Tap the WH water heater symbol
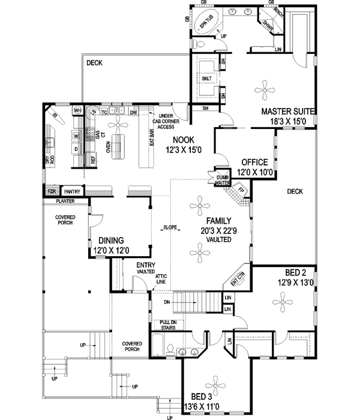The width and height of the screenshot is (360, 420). tap(77, 111)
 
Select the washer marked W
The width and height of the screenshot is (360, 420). tap(76, 136)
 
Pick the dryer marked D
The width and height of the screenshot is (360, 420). tap(76, 149)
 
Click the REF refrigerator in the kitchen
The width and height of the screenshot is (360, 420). tap(93, 160)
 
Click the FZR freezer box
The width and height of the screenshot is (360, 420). tap(52, 191)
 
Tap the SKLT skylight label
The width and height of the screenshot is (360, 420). tap(206, 79)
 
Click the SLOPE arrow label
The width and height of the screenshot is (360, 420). tap(169, 228)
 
